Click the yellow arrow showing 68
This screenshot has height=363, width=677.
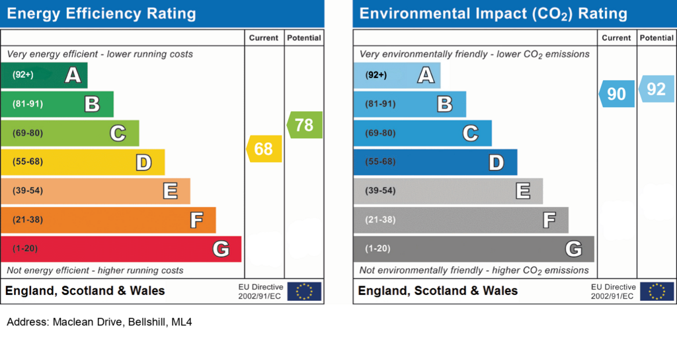coord(264,149)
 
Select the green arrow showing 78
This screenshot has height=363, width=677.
coord(304,125)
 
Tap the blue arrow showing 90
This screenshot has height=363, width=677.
coord(617,94)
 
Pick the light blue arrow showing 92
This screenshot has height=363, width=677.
coord(657,89)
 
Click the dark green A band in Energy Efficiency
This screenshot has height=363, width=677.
coord(44,75)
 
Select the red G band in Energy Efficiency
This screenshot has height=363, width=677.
coord(121,249)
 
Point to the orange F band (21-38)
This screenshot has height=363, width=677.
coord(108,220)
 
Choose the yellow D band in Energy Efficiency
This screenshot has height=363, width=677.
coord(83,162)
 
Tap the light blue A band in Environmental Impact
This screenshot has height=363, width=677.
coord(397,75)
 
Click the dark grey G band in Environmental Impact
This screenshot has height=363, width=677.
coord(473,249)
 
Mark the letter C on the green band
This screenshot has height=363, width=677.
coord(118,134)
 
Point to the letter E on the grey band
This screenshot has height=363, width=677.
coord(523,191)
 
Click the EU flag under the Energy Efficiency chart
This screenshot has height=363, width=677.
coord(304,292)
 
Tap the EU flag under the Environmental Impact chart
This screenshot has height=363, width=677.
coord(657,292)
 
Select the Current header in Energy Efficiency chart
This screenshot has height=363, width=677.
coord(263,38)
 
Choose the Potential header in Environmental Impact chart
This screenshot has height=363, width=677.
coord(657,38)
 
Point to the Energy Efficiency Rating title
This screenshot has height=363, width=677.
coord(101,13)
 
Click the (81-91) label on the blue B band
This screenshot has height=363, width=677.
coord(380,104)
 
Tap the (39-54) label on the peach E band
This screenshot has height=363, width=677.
coord(28,191)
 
